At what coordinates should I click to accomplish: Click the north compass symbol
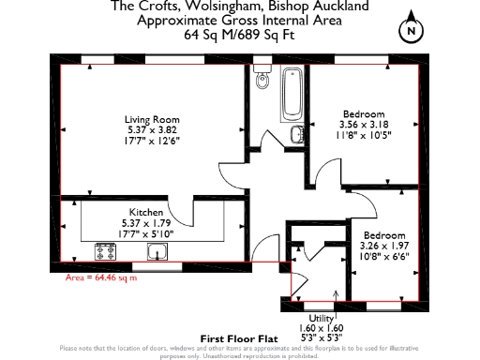410,32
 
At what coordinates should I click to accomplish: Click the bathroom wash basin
297,134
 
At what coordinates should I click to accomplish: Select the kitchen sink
208,250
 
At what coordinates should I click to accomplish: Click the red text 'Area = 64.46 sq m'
100,278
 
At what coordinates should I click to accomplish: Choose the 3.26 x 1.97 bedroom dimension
383,245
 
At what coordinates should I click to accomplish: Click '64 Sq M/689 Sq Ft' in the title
239,36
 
